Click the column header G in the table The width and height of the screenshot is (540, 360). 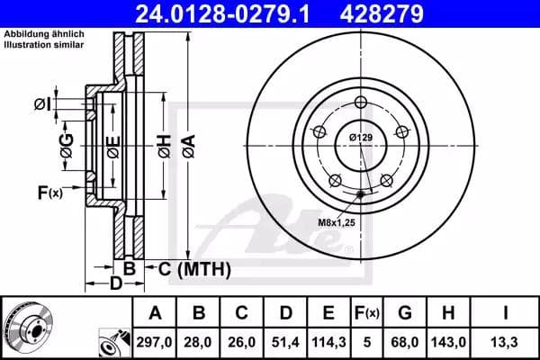click(x=405, y=313)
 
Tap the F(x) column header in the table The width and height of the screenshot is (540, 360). click(x=367, y=313)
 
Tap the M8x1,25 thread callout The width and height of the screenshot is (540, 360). click(x=335, y=219)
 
